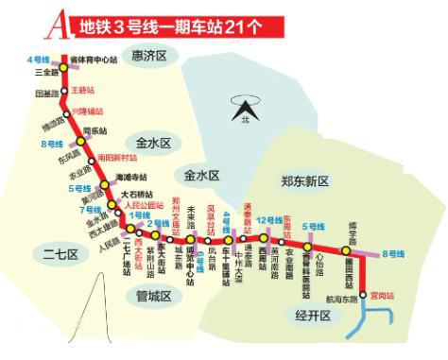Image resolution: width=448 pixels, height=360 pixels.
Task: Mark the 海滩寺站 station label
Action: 131,177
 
